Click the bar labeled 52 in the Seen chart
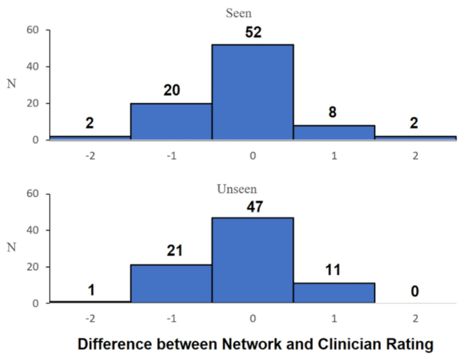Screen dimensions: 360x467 click(252, 92)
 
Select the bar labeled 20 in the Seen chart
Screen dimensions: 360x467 click(171, 121)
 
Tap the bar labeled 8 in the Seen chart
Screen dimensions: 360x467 click(333, 132)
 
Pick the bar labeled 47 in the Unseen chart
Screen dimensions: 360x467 click(252, 260)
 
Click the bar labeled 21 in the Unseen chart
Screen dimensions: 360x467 click(171, 284)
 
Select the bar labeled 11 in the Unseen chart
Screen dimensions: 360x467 click(333, 292)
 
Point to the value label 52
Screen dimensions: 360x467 click(253, 32)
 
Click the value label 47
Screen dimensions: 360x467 click(253, 205)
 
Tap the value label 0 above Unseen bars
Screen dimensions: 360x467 click(415, 291)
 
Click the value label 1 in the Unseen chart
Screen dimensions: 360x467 click(90, 290)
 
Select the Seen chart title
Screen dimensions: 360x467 click(252, 12)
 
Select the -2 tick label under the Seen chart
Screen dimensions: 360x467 click(89, 155)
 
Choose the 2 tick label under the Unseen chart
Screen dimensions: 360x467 click(415, 318)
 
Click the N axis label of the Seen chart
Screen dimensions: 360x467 click(11, 85)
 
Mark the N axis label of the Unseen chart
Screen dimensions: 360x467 click(11, 248)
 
